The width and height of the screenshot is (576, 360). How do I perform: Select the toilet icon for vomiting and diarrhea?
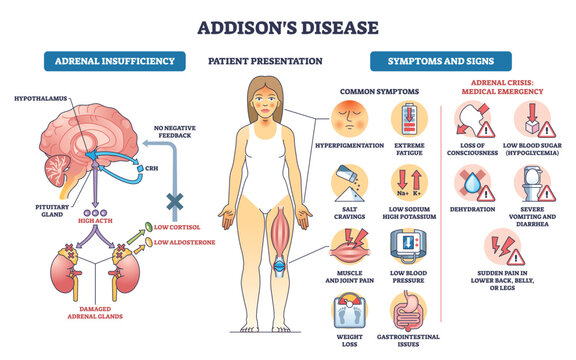[532, 182]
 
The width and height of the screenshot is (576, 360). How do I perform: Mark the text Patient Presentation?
[265, 62]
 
